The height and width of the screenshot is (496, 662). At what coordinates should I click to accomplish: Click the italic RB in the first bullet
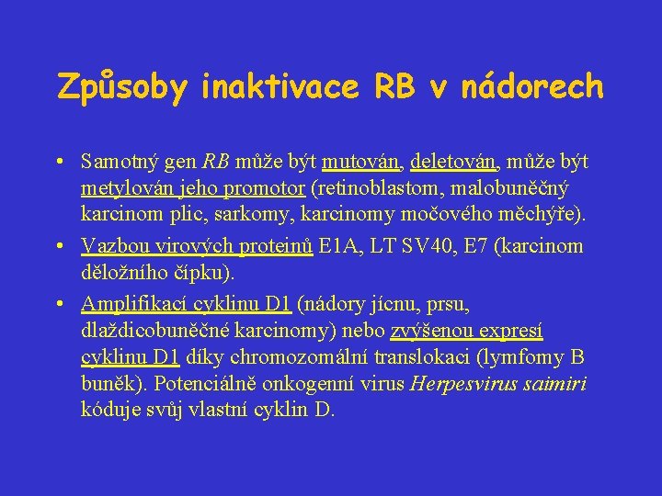point(216,163)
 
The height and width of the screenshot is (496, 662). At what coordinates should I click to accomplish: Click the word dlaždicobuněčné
point(152,331)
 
